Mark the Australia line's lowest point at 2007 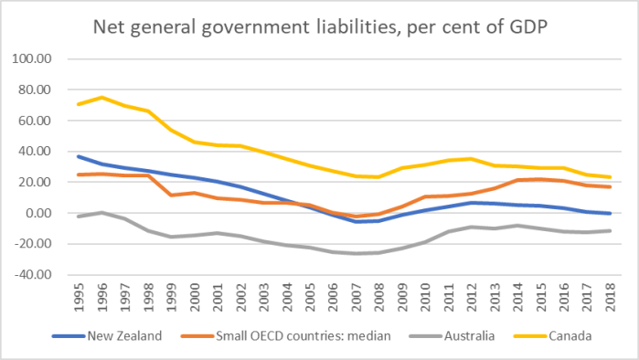(x=362, y=253)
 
